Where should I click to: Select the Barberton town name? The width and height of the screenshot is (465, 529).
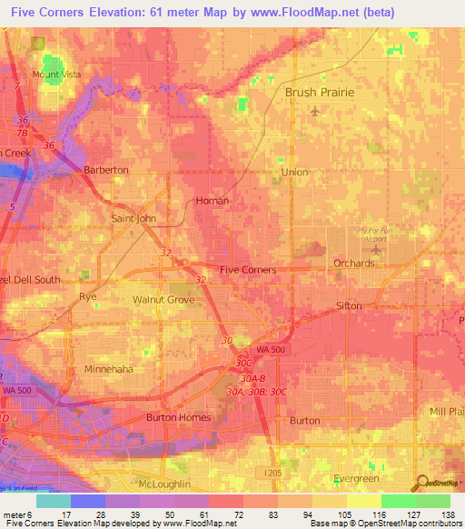pyautogui.click(x=105, y=170)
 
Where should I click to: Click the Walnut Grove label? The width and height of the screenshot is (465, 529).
pyautogui.click(x=163, y=299)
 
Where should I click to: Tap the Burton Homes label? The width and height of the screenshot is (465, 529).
pyautogui.click(x=178, y=418)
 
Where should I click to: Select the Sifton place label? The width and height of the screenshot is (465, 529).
pyautogui.click(x=349, y=306)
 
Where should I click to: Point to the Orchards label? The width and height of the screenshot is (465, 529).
pyautogui.click(x=353, y=264)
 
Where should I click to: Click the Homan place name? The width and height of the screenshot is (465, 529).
pyautogui.click(x=212, y=201)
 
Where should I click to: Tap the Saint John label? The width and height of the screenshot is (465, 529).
pyautogui.click(x=134, y=219)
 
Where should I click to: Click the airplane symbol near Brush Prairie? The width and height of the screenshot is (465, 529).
pyautogui.click(x=315, y=112)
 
